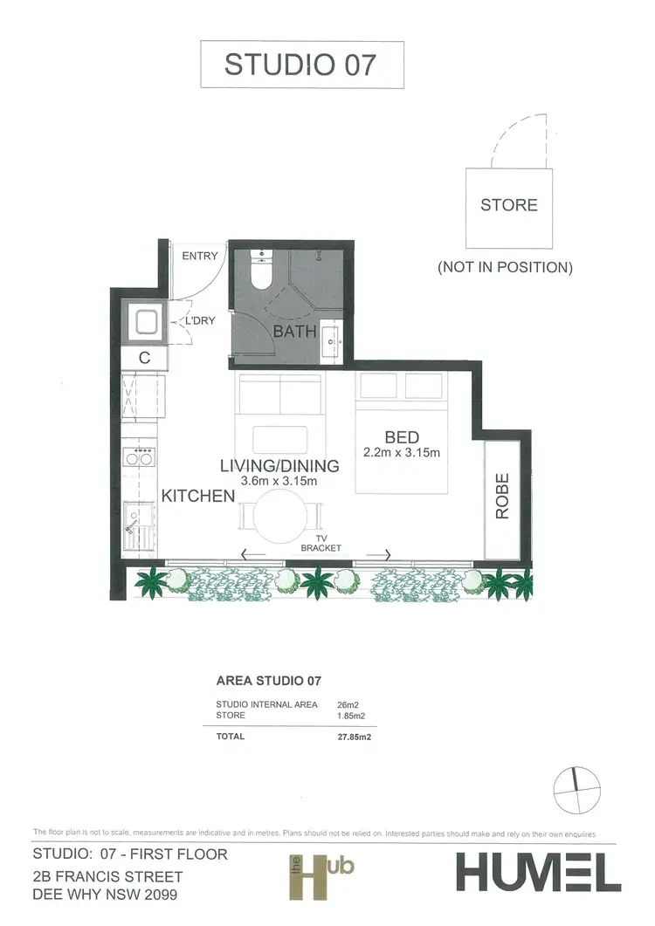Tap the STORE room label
[509, 205]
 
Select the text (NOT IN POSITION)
[505, 267]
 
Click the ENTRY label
[200, 256]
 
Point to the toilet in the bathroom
[261, 271]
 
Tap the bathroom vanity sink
[333, 339]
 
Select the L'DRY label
[199, 321]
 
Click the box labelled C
[144, 357]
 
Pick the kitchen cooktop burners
[140, 456]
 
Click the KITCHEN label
[198, 496]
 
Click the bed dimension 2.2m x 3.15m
[403, 453]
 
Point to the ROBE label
[502, 502]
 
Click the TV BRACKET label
[320, 544]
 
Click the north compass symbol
[576, 789]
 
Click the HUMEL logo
[537, 871]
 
